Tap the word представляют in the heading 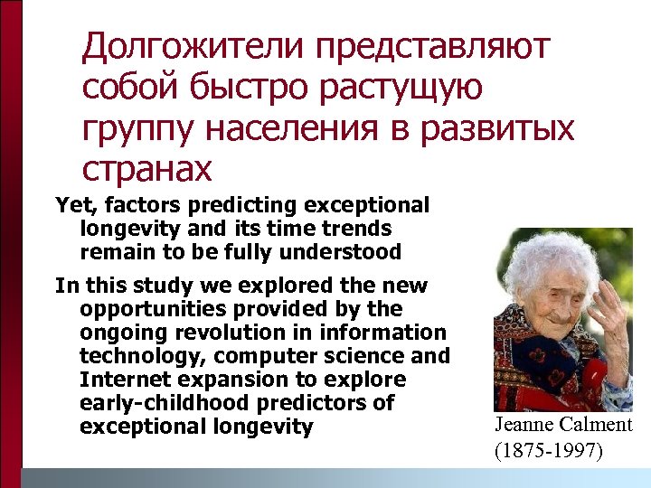(438, 47)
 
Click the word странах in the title (146, 168)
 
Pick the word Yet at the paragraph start (71, 206)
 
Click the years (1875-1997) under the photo (548, 449)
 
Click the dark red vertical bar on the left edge (10, 235)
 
